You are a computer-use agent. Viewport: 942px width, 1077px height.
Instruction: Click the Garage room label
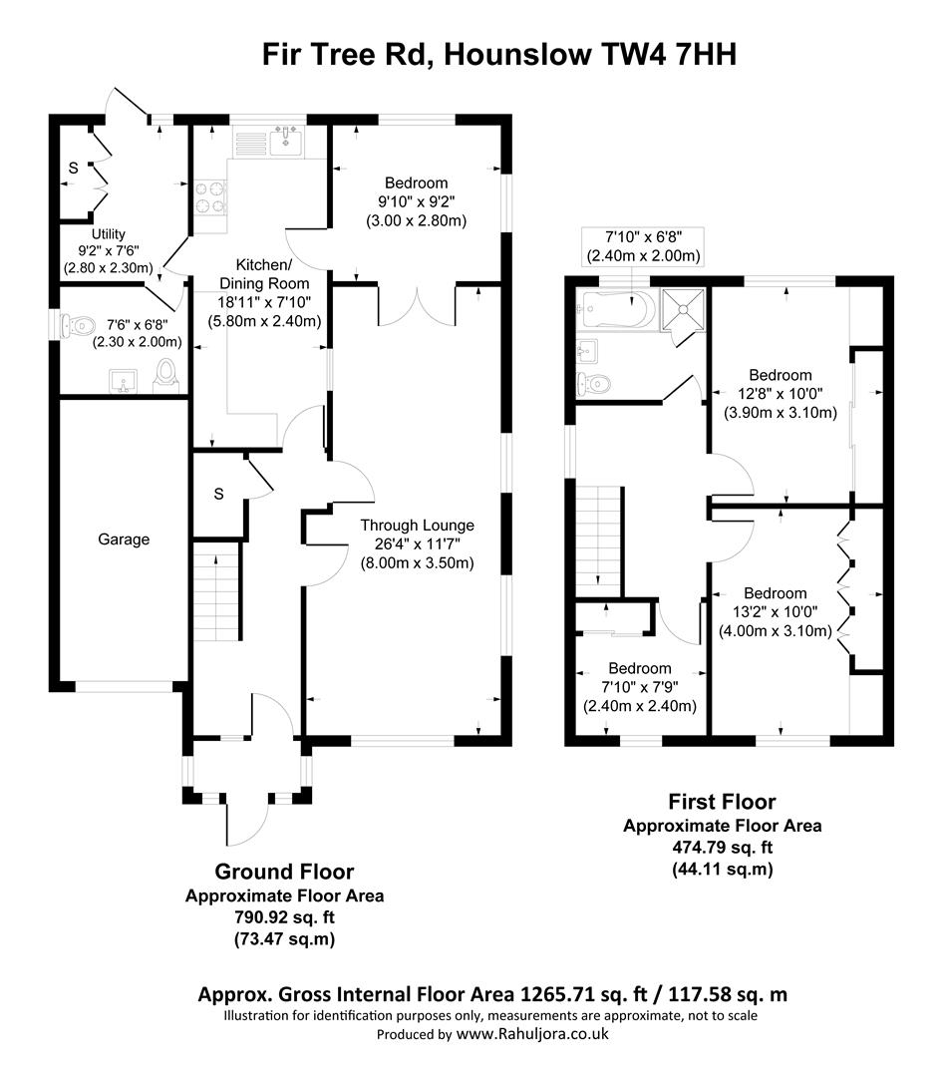(x=124, y=539)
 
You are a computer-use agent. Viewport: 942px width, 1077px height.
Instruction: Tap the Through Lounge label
(x=418, y=526)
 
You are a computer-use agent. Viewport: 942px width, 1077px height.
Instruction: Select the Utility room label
(x=109, y=234)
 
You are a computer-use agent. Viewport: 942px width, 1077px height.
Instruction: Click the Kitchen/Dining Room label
(x=264, y=274)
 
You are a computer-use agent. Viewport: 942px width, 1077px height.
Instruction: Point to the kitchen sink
(x=286, y=141)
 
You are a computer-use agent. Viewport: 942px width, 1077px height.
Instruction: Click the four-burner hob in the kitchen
(x=210, y=196)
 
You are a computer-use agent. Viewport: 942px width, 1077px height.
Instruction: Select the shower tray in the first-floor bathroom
(x=683, y=310)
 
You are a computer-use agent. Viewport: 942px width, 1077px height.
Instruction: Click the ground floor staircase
(x=216, y=591)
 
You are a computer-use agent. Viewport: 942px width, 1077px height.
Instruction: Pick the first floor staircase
(x=599, y=541)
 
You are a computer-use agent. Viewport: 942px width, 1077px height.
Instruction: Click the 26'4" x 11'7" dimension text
(x=418, y=544)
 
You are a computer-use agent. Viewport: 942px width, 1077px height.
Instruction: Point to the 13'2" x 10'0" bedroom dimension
(x=776, y=612)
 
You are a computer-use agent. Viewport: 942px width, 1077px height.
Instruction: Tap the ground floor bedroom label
(x=416, y=183)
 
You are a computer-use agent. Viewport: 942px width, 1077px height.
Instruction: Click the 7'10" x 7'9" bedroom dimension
(x=640, y=687)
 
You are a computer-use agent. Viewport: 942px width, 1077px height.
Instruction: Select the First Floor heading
(x=723, y=802)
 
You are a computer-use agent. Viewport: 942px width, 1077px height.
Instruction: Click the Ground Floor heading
(x=284, y=872)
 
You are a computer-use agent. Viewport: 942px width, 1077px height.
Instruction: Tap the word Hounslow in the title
(x=517, y=54)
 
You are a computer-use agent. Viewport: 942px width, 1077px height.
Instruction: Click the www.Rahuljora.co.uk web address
(x=532, y=1034)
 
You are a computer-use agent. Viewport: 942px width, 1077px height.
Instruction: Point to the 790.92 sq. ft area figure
(x=284, y=917)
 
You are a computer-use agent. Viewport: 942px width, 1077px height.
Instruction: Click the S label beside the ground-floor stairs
(x=218, y=494)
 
